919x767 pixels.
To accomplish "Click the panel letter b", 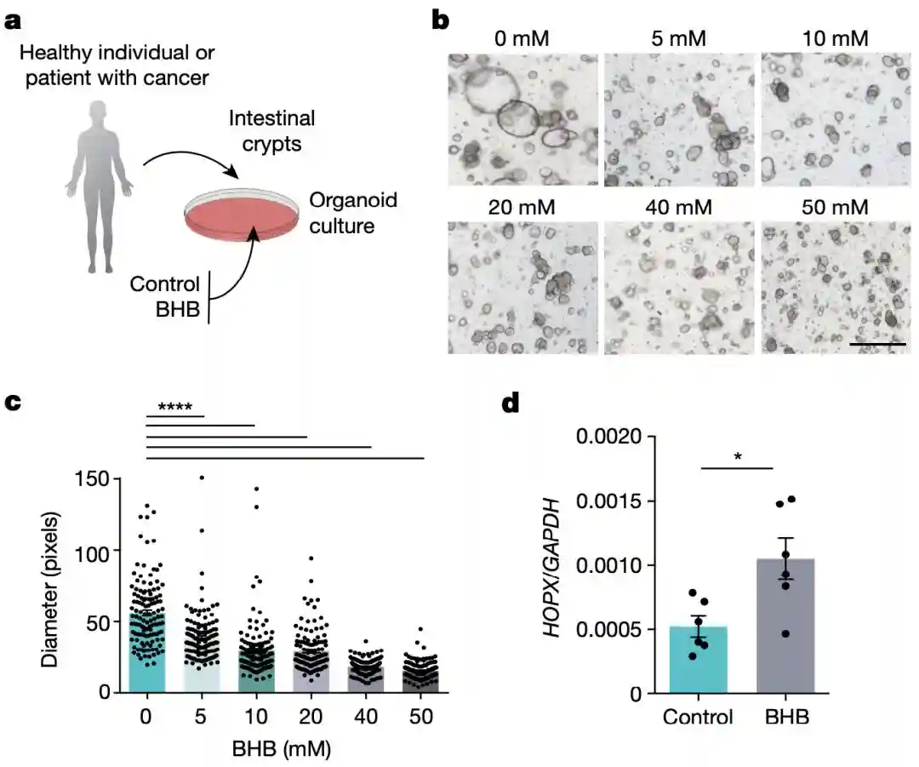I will [x=441, y=19].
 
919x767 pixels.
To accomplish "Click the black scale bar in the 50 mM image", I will [x=877, y=345].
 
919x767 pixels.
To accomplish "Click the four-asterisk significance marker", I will [x=175, y=406].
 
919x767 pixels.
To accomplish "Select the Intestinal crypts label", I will [x=271, y=130].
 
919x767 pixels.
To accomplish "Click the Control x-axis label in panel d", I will [x=698, y=717].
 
